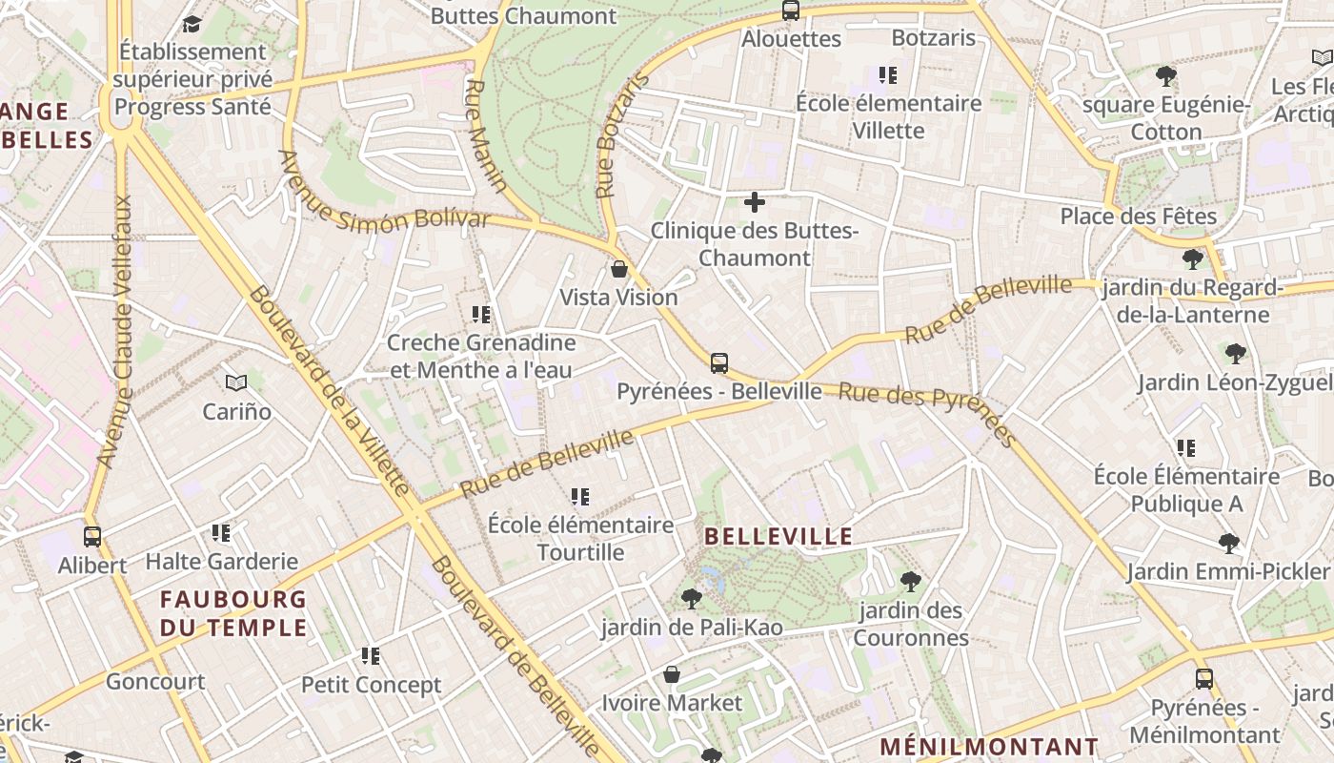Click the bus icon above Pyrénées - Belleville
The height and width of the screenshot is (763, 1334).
(x=719, y=362)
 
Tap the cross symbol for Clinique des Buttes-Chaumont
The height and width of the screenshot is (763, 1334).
(x=755, y=202)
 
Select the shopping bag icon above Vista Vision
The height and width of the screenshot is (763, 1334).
(x=619, y=269)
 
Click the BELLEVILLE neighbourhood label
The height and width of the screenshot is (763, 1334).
(x=778, y=536)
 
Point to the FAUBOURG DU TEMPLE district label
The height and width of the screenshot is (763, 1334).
(x=233, y=613)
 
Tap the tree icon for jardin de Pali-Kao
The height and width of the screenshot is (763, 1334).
(x=692, y=599)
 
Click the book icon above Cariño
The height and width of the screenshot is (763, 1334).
(x=236, y=383)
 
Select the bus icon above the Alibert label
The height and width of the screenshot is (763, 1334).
(x=92, y=537)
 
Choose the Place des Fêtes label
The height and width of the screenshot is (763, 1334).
(x=1139, y=217)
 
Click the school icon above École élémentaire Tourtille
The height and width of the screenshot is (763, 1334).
(x=580, y=497)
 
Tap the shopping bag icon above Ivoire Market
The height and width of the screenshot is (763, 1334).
(x=672, y=675)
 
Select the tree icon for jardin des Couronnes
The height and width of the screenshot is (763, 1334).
(x=911, y=581)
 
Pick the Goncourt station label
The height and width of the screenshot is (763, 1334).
(x=155, y=682)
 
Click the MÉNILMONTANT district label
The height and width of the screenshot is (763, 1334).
(x=989, y=747)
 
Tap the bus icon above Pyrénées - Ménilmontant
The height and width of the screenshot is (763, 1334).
(x=1204, y=679)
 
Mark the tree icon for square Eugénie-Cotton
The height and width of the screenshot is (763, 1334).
(x=1165, y=76)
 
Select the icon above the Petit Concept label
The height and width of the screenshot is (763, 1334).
(x=371, y=656)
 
